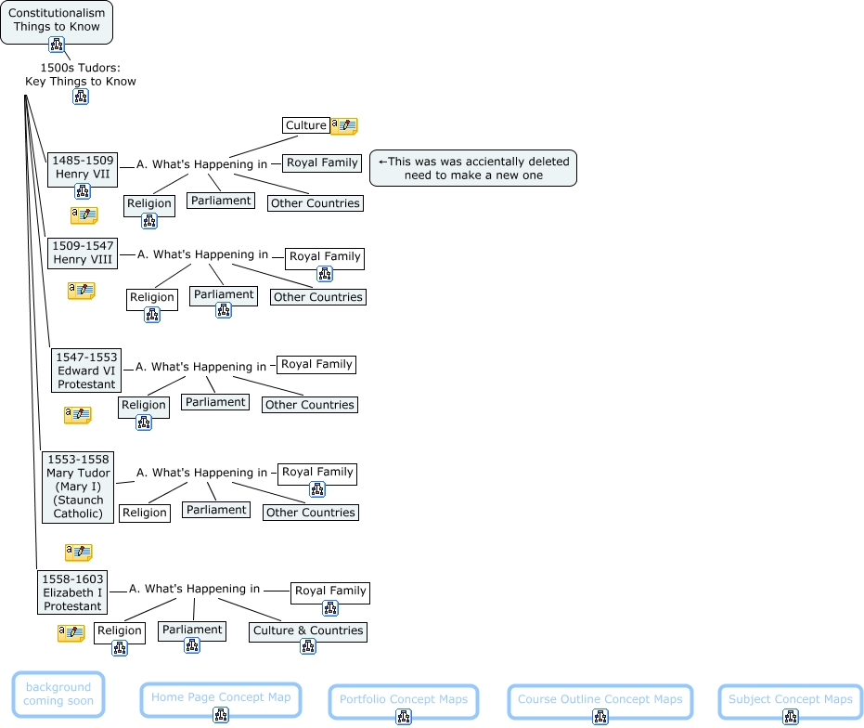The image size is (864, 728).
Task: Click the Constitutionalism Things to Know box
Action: pyautogui.click(x=57, y=19)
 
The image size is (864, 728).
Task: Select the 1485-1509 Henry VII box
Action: pyautogui.click(x=83, y=167)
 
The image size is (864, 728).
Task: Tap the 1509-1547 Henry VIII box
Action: pyautogui.click(x=84, y=253)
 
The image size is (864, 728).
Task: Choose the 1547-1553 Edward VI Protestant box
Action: pyautogui.click(x=87, y=370)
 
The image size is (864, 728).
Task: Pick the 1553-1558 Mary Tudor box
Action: pyautogui.click(x=78, y=487)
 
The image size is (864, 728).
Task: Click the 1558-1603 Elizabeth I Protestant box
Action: pyautogui.click(x=72, y=592)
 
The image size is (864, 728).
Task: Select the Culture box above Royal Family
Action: pyautogui.click(x=305, y=125)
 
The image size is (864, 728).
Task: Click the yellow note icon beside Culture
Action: pyautogui.click(x=343, y=126)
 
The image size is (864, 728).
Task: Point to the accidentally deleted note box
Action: pyautogui.click(x=473, y=168)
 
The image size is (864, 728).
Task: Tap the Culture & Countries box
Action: pyautogui.click(x=308, y=630)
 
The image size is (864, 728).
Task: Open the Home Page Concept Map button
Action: pyautogui.click(x=221, y=698)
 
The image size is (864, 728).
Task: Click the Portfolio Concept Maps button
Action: pyautogui.click(x=404, y=700)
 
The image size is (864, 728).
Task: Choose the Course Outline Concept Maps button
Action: pyautogui.click(x=600, y=700)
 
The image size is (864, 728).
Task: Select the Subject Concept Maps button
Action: pyautogui.click(x=790, y=700)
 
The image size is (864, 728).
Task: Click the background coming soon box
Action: pyautogui.click(x=58, y=694)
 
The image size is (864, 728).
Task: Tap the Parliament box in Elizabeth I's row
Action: pyautogui.click(x=192, y=630)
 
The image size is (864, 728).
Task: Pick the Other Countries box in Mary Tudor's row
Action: pyautogui.click(x=310, y=513)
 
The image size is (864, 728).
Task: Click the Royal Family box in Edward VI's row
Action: pyautogui.click(x=316, y=365)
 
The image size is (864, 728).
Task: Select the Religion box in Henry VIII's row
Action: pyautogui.click(x=152, y=297)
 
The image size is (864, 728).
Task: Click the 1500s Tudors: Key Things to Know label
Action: pyautogui.click(x=81, y=74)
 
